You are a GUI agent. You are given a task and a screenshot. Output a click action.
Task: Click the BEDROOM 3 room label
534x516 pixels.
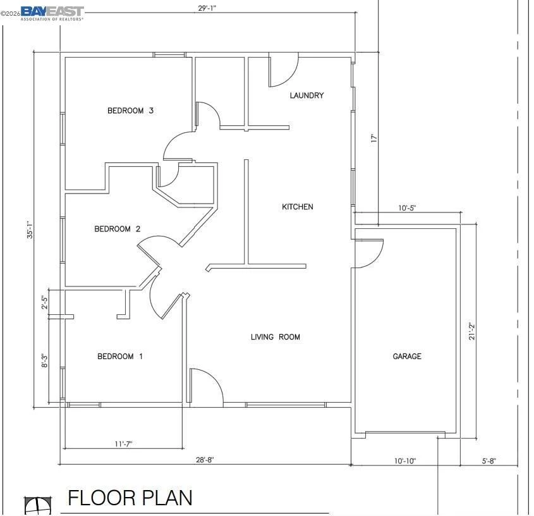130,111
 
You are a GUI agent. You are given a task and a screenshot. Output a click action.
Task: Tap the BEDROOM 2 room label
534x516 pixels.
117,229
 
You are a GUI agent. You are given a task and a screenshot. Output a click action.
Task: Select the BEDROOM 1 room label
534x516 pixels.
120,356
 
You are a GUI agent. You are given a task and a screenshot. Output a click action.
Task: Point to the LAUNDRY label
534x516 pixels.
306,95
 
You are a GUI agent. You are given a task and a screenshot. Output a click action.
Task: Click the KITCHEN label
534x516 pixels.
297,207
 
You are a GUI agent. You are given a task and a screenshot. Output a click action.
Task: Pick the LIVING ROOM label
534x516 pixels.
275,337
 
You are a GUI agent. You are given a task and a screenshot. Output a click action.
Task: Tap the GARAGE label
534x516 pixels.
407,356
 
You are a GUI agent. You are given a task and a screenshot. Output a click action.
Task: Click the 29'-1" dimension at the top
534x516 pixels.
207,8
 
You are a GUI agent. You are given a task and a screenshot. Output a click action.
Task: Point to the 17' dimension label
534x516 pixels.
374,138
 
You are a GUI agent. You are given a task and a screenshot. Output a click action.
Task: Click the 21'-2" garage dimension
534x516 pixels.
471,331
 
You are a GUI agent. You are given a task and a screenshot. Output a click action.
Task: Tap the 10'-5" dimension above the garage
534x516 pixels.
408,207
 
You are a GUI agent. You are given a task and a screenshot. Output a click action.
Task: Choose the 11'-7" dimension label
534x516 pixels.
123,444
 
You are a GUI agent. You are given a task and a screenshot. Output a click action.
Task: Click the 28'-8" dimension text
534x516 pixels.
205,460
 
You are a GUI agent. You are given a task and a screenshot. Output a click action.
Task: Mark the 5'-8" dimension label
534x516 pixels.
488,461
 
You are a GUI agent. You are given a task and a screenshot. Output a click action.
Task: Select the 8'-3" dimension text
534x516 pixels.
44,360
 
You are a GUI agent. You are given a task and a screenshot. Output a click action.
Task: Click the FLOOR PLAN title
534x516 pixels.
130,498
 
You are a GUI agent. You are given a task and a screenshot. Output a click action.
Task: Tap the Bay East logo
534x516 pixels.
52,13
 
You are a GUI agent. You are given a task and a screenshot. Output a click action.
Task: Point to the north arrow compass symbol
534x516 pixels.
38,505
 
